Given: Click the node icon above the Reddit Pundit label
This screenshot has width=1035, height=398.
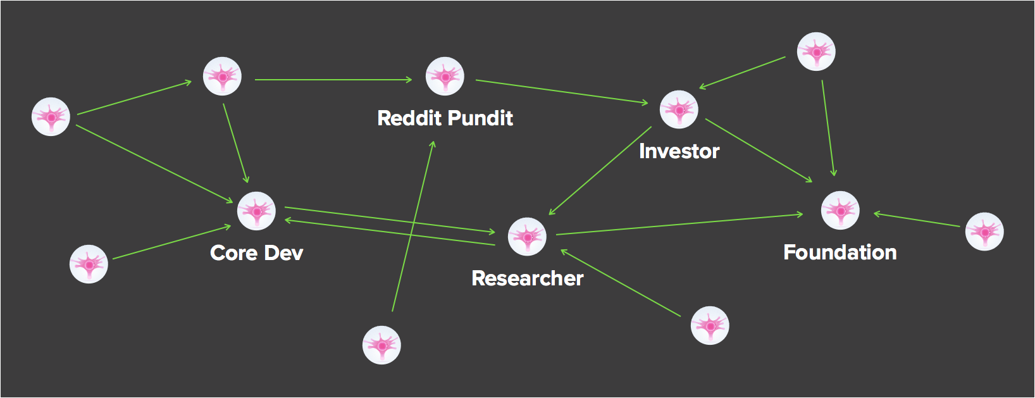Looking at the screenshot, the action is pos(445,77).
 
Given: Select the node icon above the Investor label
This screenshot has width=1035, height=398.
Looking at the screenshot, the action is pos(679,109).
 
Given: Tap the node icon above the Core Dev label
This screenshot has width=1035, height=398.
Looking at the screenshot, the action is pos(256,211).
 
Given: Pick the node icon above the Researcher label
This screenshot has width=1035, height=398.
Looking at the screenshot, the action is pos(527,237).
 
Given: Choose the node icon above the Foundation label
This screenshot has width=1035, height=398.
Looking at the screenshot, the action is pos(840,210).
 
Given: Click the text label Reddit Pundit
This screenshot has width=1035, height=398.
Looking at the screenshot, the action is pos(445,118).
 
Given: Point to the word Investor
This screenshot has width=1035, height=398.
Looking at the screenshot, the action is pos(679,151).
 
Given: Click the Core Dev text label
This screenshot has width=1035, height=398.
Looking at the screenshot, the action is pos(256,253).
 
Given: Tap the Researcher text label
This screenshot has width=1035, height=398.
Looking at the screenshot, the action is pos(527,278).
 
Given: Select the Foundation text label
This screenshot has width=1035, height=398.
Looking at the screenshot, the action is pos(840,252).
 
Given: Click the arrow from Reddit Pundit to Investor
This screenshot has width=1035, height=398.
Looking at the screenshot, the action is pos(562,91).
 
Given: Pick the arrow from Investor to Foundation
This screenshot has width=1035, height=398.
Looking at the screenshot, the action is pos(759,150).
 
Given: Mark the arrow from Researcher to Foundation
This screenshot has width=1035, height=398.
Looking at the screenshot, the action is pos(679,225).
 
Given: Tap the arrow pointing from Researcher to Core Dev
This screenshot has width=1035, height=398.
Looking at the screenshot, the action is pos(390,232).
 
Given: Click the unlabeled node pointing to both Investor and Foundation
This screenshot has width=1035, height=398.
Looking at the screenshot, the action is pos(816,52).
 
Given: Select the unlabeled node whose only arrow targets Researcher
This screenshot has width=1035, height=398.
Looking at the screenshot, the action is pos(710,326).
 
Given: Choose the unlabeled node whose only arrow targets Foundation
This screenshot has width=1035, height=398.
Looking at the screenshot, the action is pos(984,232).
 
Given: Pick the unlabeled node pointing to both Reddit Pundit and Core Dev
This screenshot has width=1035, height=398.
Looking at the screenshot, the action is pos(222,77).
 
